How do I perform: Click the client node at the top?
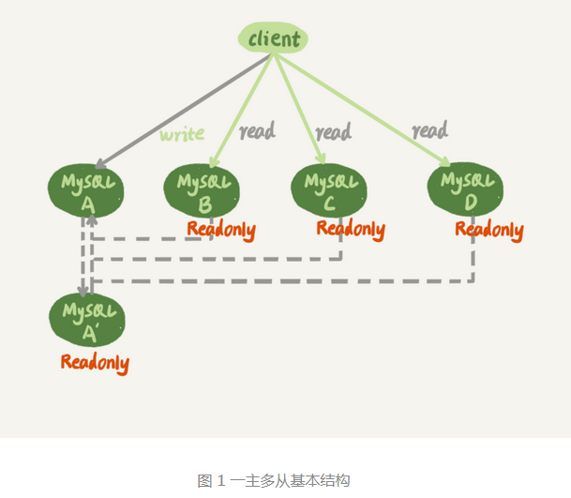pos(273,39)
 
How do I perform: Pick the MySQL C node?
pos(327,188)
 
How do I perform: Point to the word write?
pos(182,134)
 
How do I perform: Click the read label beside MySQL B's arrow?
pos(257,130)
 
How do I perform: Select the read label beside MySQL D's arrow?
pos(429,130)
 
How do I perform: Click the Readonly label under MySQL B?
pos(220,230)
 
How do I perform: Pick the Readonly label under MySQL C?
pos(350,229)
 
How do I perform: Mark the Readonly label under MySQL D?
pos(488,230)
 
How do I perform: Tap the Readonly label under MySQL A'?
pos(95,362)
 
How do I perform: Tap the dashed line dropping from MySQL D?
pos(473,258)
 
